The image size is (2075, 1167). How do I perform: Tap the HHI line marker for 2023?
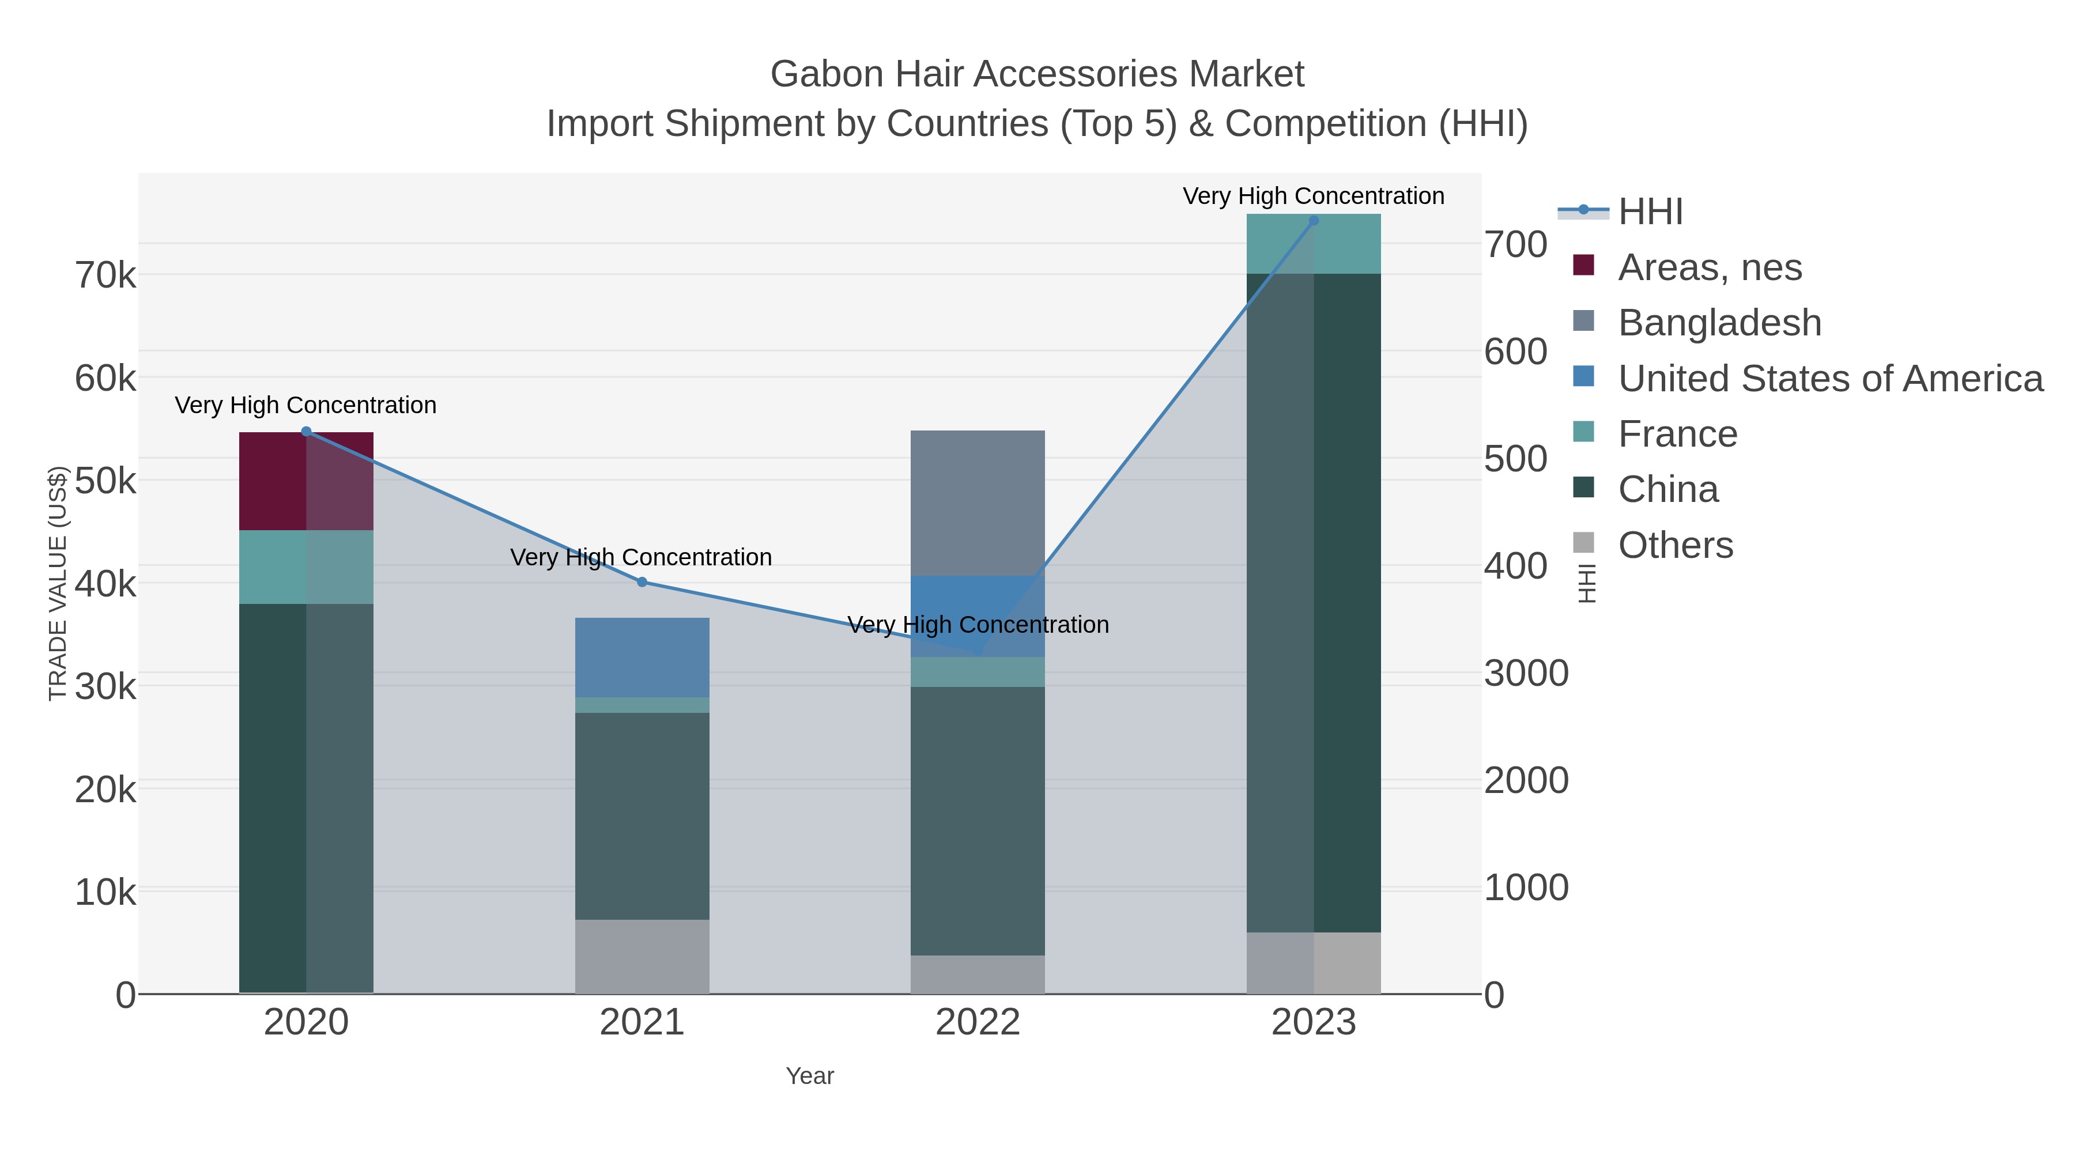(1314, 220)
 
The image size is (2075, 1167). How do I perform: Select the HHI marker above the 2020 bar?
(306, 432)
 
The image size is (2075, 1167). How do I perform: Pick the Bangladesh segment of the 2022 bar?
(977, 503)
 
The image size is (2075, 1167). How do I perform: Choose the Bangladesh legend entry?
(1719, 323)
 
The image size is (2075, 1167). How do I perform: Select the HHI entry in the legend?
(1650, 212)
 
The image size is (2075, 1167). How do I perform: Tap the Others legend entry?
(1674, 545)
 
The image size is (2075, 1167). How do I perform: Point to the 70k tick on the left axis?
(105, 275)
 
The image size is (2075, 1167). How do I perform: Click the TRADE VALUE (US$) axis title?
(58, 583)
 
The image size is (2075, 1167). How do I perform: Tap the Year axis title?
(810, 1076)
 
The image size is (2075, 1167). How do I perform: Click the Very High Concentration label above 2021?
(641, 557)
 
